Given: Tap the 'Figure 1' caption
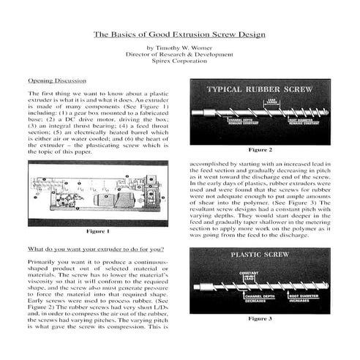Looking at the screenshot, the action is pos(97,231).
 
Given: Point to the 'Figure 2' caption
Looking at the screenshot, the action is pos(260,149).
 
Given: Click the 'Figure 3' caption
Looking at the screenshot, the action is pos(260,319).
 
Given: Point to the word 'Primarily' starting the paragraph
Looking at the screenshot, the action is pos(41,261).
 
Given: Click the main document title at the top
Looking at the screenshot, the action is pos(180,34).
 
